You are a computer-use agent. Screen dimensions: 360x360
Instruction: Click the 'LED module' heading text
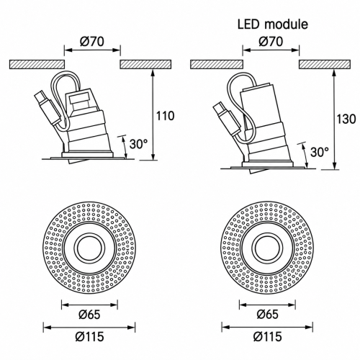(273, 24)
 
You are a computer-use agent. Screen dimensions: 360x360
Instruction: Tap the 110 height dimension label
(165, 116)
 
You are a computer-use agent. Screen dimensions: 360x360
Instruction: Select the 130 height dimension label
(346, 119)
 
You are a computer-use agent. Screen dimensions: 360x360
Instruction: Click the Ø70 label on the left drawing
(92, 41)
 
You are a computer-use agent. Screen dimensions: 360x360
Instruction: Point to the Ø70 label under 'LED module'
(271, 41)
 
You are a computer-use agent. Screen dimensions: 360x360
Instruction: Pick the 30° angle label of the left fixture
(138, 144)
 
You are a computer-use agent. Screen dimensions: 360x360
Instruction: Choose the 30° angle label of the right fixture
(320, 152)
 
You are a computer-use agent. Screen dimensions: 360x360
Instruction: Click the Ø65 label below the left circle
(89, 315)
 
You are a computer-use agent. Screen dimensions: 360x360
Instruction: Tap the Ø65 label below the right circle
(267, 315)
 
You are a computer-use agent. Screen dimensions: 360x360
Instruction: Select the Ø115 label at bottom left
(89, 336)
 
